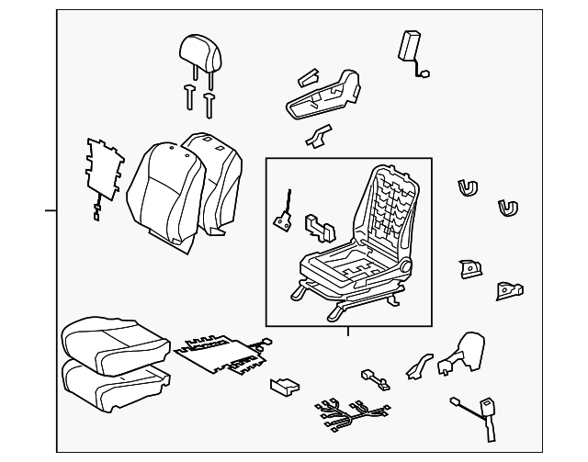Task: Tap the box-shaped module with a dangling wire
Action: [x=409, y=46]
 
